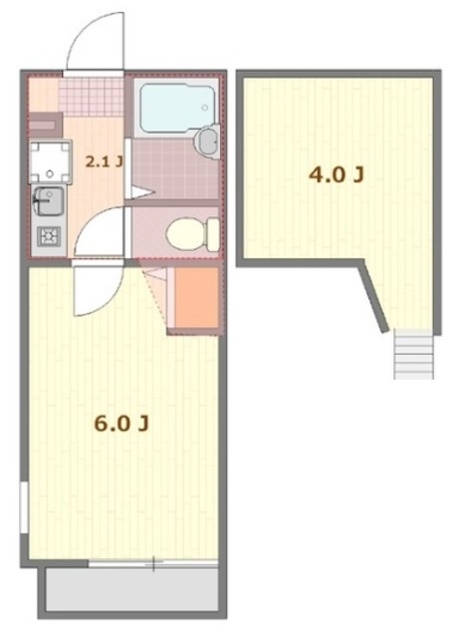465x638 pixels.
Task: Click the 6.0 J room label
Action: (121, 424)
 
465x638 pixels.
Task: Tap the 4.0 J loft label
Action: (337, 176)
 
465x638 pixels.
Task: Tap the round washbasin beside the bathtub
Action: (207, 141)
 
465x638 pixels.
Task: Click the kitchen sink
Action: (49, 204)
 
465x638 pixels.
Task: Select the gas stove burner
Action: (48, 236)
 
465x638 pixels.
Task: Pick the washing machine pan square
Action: (47, 159)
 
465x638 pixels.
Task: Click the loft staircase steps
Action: (413, 353)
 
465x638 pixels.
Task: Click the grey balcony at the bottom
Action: (129, 591)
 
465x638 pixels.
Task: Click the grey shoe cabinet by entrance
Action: (45, 126)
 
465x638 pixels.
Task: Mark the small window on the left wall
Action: (24, 508)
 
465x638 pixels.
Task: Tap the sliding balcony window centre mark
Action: (153, 563)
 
